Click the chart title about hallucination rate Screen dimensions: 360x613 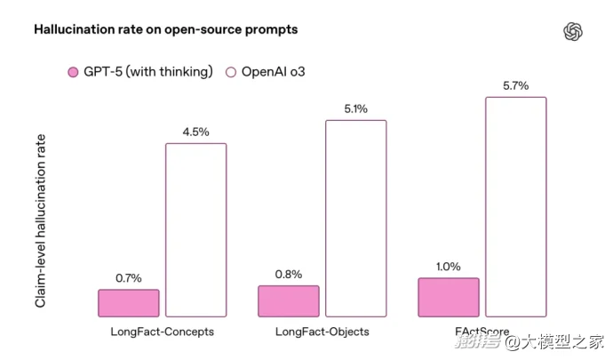pos(165,29)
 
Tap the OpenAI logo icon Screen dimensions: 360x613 pos(573,32)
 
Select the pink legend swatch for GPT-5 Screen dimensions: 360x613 pos(73,72)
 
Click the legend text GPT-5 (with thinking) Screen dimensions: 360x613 pos(149,72)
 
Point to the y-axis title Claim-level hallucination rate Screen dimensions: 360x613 pos(41,221)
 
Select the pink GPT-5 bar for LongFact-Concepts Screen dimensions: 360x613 pos(129,303)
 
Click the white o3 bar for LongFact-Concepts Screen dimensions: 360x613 pos(195,229)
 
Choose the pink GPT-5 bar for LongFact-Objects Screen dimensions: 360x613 pos(289,301)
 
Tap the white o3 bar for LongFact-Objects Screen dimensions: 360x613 pos(355,218)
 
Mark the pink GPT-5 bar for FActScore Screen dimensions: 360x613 pos(449,297)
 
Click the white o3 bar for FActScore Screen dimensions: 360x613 pos(515,206)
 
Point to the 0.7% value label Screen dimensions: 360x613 pos(129,278)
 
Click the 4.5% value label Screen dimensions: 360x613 pos(195,132)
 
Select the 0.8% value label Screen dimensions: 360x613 pos(289,275)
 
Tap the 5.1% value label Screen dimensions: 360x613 pos(355,109)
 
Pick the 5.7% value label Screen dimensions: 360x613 pos(515,86)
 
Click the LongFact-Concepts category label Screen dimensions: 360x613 pos(163,332)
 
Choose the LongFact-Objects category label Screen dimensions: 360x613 pos(322,332)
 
